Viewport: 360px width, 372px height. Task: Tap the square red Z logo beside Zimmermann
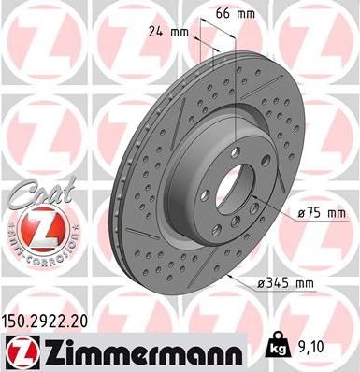18,351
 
